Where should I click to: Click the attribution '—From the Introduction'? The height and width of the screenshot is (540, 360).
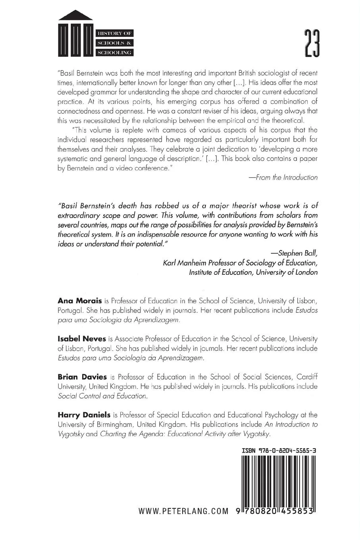[x=283, y=177]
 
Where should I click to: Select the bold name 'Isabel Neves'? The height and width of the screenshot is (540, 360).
[x=82, y=339]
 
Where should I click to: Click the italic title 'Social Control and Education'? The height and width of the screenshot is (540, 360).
[x=102, y=396]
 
